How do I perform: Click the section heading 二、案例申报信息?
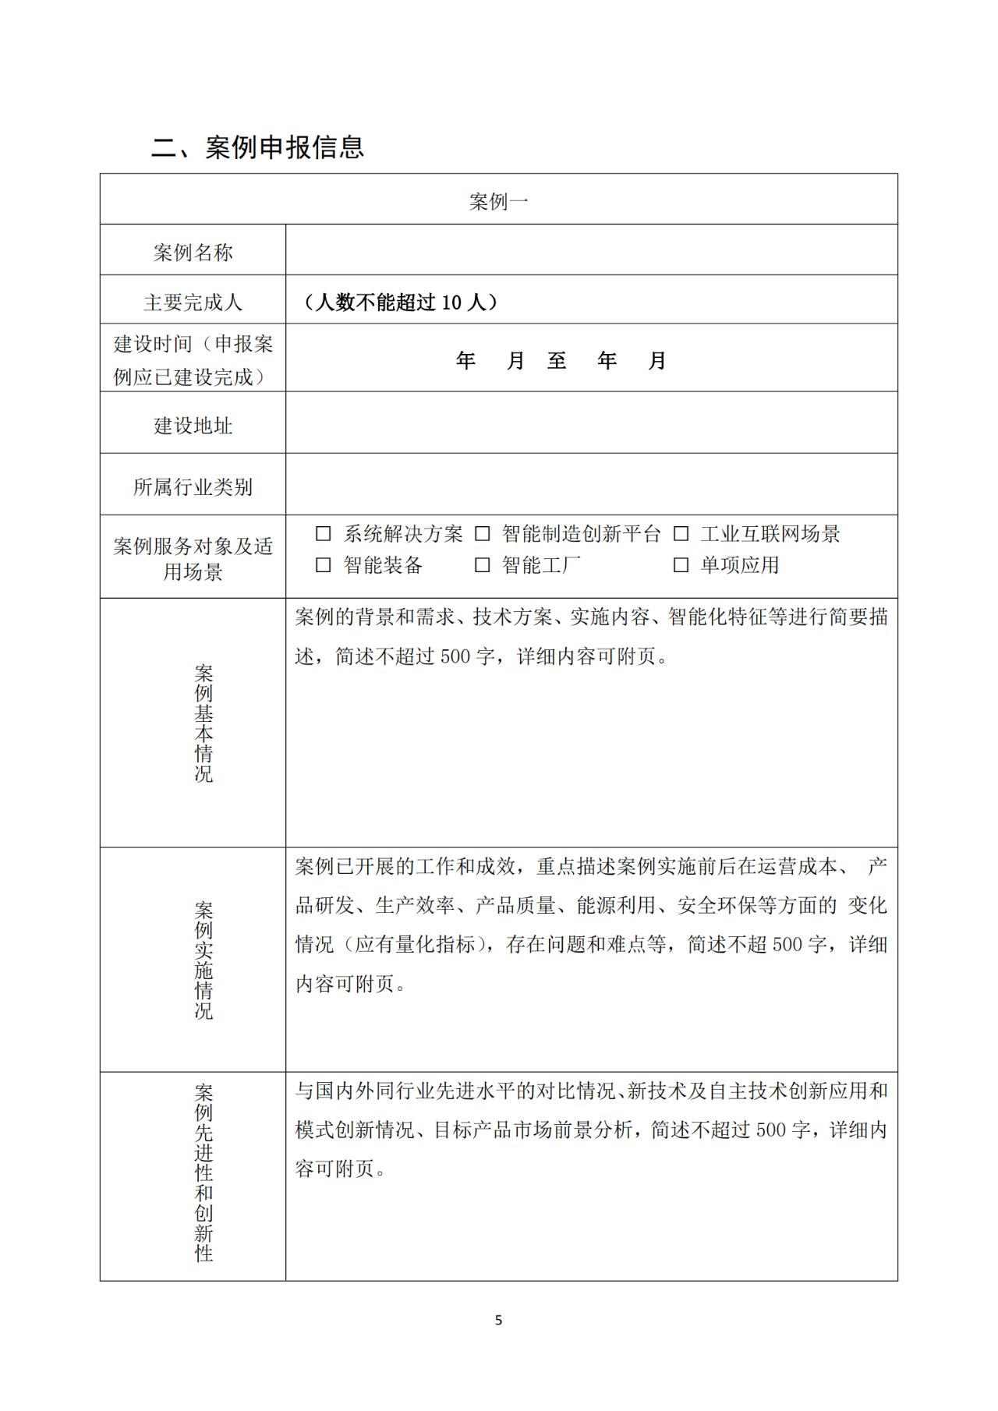point(257,147)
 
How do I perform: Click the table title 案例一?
point(498,202)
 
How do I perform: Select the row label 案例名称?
point(193,253)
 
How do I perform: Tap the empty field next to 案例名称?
point(591,250)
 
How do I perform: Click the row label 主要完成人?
point(193,302)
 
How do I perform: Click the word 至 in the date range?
point(557,361)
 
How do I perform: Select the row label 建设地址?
point(193,426)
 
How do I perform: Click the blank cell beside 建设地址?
point(591,423)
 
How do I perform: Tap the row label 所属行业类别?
point(193,487)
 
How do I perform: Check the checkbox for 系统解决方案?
point(324,534)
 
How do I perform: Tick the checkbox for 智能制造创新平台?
point(483,534)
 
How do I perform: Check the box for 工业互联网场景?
point(681,534)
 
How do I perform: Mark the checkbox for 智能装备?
point(324,565)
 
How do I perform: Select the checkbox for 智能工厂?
point(483,565)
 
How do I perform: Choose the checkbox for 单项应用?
point(681,565)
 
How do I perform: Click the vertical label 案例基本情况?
point(203,723)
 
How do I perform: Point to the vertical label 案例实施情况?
point(203,960)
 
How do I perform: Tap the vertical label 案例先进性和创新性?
point(203,1173)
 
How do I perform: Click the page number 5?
point(498,1321)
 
